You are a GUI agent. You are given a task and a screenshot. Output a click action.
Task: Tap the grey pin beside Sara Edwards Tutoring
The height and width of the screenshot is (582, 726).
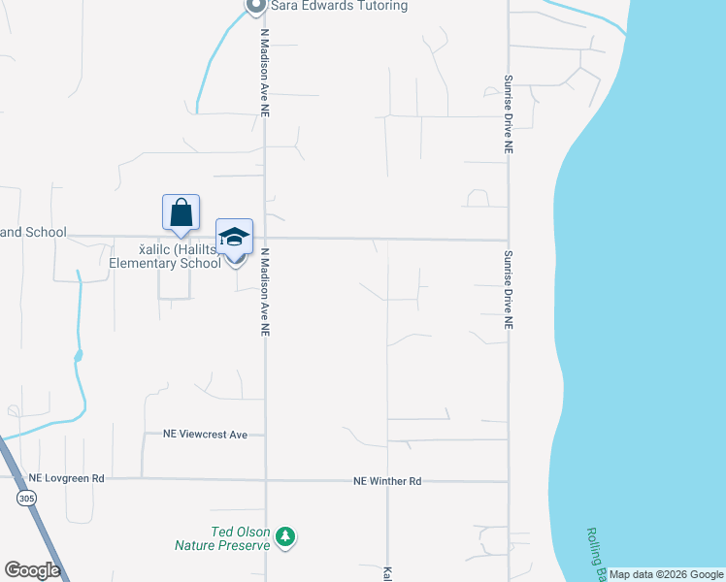click(x=254, y=7)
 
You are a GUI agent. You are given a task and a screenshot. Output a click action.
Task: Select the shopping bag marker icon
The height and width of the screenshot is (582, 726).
click(x=181, y=212)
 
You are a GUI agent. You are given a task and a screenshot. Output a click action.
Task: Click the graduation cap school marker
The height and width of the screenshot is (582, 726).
click(x=234, y=237)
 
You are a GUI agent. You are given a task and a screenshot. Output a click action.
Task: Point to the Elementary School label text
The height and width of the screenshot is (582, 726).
click(x=165, y=263)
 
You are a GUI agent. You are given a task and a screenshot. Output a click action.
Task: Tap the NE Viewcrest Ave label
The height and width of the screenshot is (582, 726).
click(x=205, y=435)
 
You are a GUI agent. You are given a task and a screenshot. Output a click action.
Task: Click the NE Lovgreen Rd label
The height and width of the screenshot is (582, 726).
click(x=66, y=478)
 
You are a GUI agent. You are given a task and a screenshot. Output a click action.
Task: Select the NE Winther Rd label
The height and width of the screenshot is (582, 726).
click(x=387, y=481)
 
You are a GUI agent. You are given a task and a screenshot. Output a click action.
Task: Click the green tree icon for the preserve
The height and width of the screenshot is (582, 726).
click(x=284, y=536)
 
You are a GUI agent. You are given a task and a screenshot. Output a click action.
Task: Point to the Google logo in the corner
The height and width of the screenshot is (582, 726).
click(x=32, y=569)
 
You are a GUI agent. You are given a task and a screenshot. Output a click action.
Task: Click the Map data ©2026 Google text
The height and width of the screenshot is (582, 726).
click(x=666, y=574)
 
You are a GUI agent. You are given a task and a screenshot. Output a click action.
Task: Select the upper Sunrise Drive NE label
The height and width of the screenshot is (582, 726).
click(x=508, y=114)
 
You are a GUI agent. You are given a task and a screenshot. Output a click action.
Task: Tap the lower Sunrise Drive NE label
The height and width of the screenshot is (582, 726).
click(x=508, y=291)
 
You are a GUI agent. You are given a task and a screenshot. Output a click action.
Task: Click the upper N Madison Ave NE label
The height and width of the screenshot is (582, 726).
click(x=264, y=73)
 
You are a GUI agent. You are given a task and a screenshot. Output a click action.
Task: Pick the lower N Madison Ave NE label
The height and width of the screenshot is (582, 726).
click(x=264, y=291)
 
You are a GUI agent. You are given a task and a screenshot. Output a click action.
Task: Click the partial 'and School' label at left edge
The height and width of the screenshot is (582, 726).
click(x=33, y=233)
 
